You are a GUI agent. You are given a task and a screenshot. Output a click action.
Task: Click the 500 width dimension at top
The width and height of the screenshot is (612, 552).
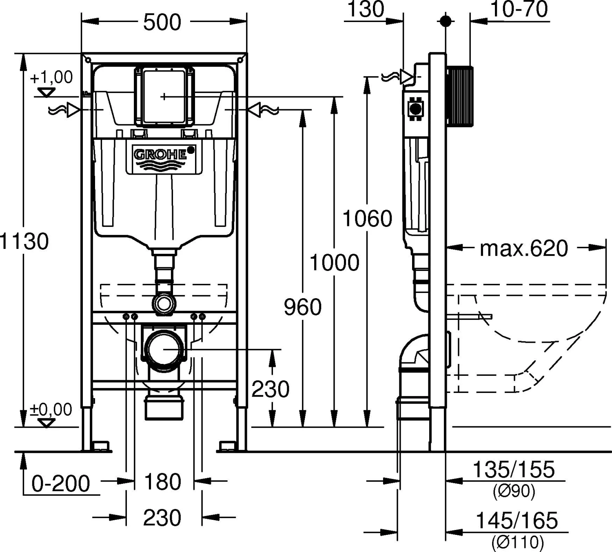point(162,22)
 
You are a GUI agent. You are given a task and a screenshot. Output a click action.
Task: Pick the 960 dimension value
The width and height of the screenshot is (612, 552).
point(303,307)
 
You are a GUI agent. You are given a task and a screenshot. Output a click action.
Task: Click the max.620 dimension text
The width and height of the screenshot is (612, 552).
point(523,248)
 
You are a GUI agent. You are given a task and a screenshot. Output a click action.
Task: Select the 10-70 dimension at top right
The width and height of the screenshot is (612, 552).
point(519,9)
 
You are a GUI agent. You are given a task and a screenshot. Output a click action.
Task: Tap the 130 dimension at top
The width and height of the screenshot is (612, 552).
point(365,9)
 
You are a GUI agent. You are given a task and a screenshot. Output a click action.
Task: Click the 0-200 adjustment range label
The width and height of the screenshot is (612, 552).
point(61,483)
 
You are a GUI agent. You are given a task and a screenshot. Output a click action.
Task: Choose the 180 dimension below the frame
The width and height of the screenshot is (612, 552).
point(162,481)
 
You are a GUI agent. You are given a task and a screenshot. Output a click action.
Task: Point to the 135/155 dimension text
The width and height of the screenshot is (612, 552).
point(514,470)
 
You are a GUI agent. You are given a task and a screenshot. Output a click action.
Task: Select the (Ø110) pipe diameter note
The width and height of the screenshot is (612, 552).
point(518,542)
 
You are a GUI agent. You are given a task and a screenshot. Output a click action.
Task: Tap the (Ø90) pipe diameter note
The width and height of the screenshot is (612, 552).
point(514,491)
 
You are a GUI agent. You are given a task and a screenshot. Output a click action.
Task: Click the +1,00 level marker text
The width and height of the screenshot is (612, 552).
point(51,77)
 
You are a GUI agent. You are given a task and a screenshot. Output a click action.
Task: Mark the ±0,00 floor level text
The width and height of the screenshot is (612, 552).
point(51,409)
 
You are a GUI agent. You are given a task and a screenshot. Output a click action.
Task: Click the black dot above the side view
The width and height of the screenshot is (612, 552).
point(446,21)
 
